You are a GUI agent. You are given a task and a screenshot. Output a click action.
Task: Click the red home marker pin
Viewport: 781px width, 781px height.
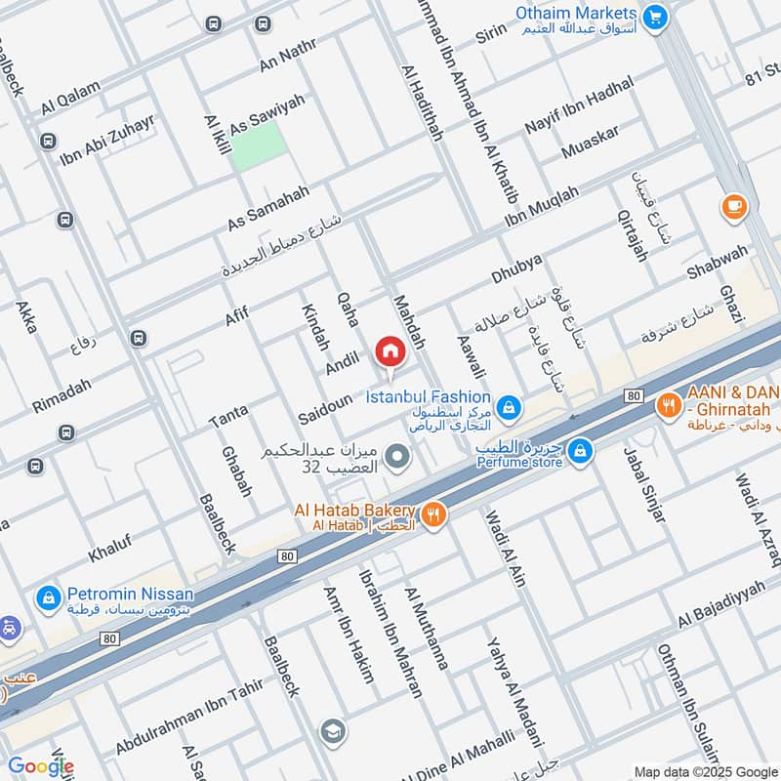point(390,351)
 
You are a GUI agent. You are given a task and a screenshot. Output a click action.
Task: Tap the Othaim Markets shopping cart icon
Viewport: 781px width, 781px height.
point(655,16)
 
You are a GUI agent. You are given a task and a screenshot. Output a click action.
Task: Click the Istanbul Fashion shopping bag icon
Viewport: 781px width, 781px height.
point(508,406)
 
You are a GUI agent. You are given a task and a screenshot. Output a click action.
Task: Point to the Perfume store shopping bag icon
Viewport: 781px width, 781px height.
point(581,450)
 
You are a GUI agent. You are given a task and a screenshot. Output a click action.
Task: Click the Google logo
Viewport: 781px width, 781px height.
point(40,766)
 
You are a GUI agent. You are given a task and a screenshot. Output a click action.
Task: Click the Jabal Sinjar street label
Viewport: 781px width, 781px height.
point(644,483)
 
